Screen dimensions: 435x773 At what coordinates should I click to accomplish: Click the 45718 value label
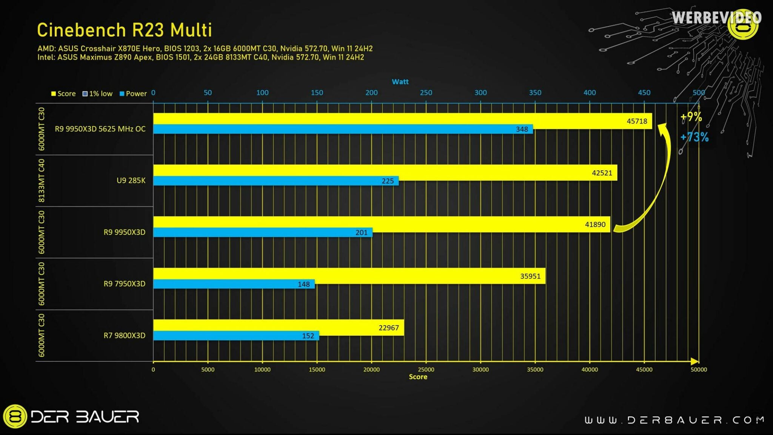coord(637,121)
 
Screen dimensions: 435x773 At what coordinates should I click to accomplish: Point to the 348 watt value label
coord(522,129)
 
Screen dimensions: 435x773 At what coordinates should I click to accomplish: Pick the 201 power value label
coord(361,233)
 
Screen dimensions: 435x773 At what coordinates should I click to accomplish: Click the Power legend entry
coord(133,94)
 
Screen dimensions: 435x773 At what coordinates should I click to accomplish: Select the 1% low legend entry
coord(98,94)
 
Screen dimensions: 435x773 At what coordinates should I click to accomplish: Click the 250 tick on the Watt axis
coord(426,93)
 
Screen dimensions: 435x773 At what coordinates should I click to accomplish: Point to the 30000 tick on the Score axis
coord(480,370)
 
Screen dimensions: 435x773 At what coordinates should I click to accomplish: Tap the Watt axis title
coord(400,82)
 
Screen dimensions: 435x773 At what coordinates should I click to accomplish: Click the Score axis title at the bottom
coord(418,377)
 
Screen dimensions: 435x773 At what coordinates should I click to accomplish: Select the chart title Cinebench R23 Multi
coord(125,30)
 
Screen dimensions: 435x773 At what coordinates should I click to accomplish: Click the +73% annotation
coord(694,137)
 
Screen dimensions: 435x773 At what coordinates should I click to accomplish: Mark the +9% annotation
coord(691,117)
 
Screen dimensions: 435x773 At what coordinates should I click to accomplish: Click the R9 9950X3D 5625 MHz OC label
coord(100,129)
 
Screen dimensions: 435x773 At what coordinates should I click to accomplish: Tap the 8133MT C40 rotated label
coord(42,180)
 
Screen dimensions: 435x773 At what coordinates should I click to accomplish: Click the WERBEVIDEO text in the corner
coord(716,18)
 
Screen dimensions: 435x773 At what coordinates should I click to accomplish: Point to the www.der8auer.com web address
coord(674,420)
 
